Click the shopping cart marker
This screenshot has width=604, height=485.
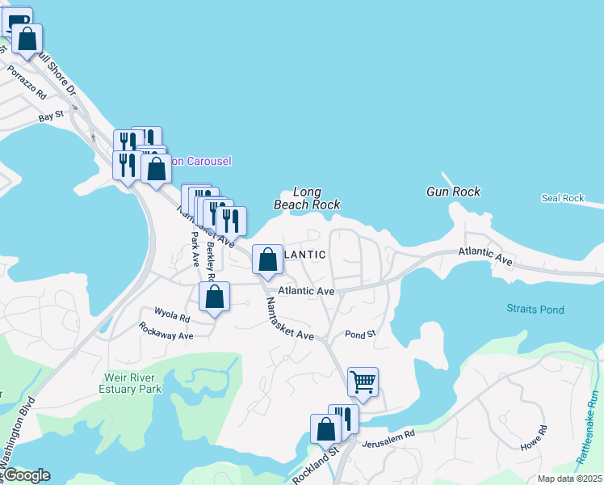coord(363,381)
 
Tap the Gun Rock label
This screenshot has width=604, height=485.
coord(453,192)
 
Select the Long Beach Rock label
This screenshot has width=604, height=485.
coord(307,199)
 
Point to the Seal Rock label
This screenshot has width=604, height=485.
coord(562,198)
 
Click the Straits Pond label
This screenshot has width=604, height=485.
coord(535,310)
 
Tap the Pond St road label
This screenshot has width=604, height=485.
coord(360,333)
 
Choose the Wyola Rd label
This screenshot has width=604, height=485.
coord(172,313)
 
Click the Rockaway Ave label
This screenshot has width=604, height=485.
coord(166,331)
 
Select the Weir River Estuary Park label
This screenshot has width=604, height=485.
coord(132,382)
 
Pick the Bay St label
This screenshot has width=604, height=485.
coord(50,118)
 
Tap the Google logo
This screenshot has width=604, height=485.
coord(27,475)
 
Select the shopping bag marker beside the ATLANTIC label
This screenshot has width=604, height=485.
coord(267,259)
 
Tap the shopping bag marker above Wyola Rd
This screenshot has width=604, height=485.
coord(214,297)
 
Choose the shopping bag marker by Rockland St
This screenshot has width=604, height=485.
coord(325,429)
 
